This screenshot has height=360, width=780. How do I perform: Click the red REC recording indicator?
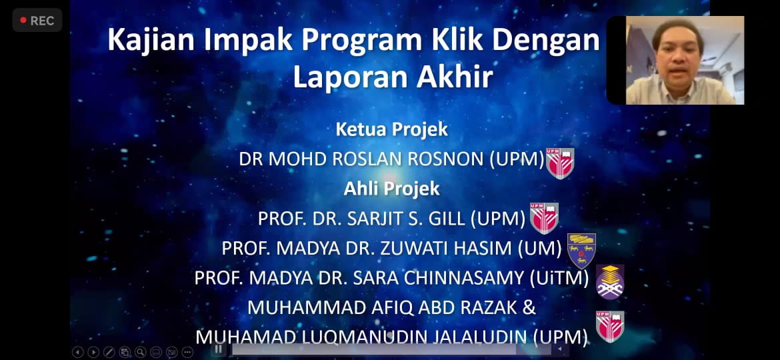point(37,21)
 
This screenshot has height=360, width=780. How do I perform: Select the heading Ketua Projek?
point(392,129)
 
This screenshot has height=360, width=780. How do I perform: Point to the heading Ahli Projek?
point(392,189)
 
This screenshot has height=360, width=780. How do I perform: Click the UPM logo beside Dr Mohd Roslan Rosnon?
point(560,163)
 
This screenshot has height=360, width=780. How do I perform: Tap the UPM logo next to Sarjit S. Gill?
point(544,218)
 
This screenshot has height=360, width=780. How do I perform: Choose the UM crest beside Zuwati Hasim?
point(581,251)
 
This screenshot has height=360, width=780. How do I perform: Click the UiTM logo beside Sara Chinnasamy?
point(610,282)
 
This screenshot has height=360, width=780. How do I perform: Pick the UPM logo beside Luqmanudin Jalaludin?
point(610,327)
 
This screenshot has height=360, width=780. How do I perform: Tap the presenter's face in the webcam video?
point(679,52)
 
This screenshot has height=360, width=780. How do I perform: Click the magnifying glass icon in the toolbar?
point(140,352)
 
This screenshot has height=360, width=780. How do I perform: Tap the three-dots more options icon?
point(187,352)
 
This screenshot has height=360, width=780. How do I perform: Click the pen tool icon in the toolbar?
point(109,352)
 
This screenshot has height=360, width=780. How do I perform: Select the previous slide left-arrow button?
point(77,352)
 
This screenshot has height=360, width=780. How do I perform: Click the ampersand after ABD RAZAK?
point(529,308)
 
